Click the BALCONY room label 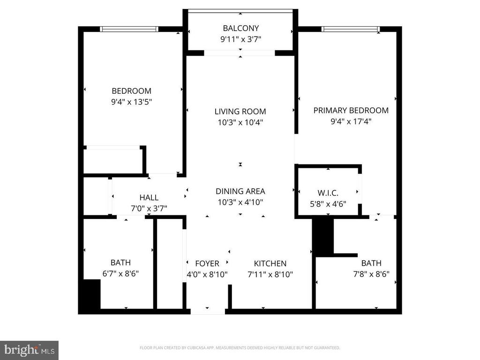tap(240, 28)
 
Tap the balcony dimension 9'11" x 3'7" tap(240, 39)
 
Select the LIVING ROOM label tap(240, 112)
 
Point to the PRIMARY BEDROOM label tap(351, 110)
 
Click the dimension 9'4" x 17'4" tap(351, 121)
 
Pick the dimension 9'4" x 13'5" tap(132, 102)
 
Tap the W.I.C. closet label tap(328, 193)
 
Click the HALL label tap(149, 197)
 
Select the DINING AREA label tap(240, 191)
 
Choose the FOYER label tap(207, 263)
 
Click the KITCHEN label tap(270, 263)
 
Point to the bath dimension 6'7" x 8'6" tap(120, 273)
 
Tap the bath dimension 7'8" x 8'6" tap(371, 274)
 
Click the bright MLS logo tap(30, 350)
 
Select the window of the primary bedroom tap(351, 29)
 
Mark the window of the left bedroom tap(129, 29)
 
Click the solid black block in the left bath tap(92, 294)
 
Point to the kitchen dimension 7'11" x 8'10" tap(270, 274)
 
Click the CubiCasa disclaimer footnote tap(240, 348)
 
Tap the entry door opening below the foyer tap(208, 312)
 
